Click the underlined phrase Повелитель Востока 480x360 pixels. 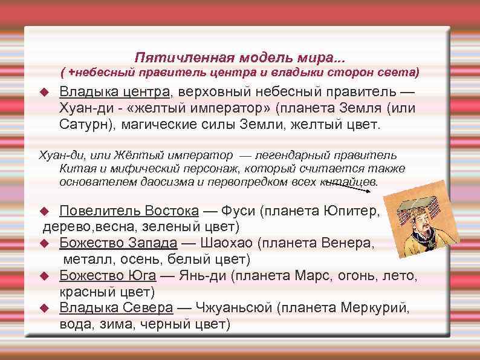[129, 211]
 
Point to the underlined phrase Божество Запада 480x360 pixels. [118, 243]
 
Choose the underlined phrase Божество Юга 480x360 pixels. [108, 276]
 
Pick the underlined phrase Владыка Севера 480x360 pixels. [116, 308]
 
